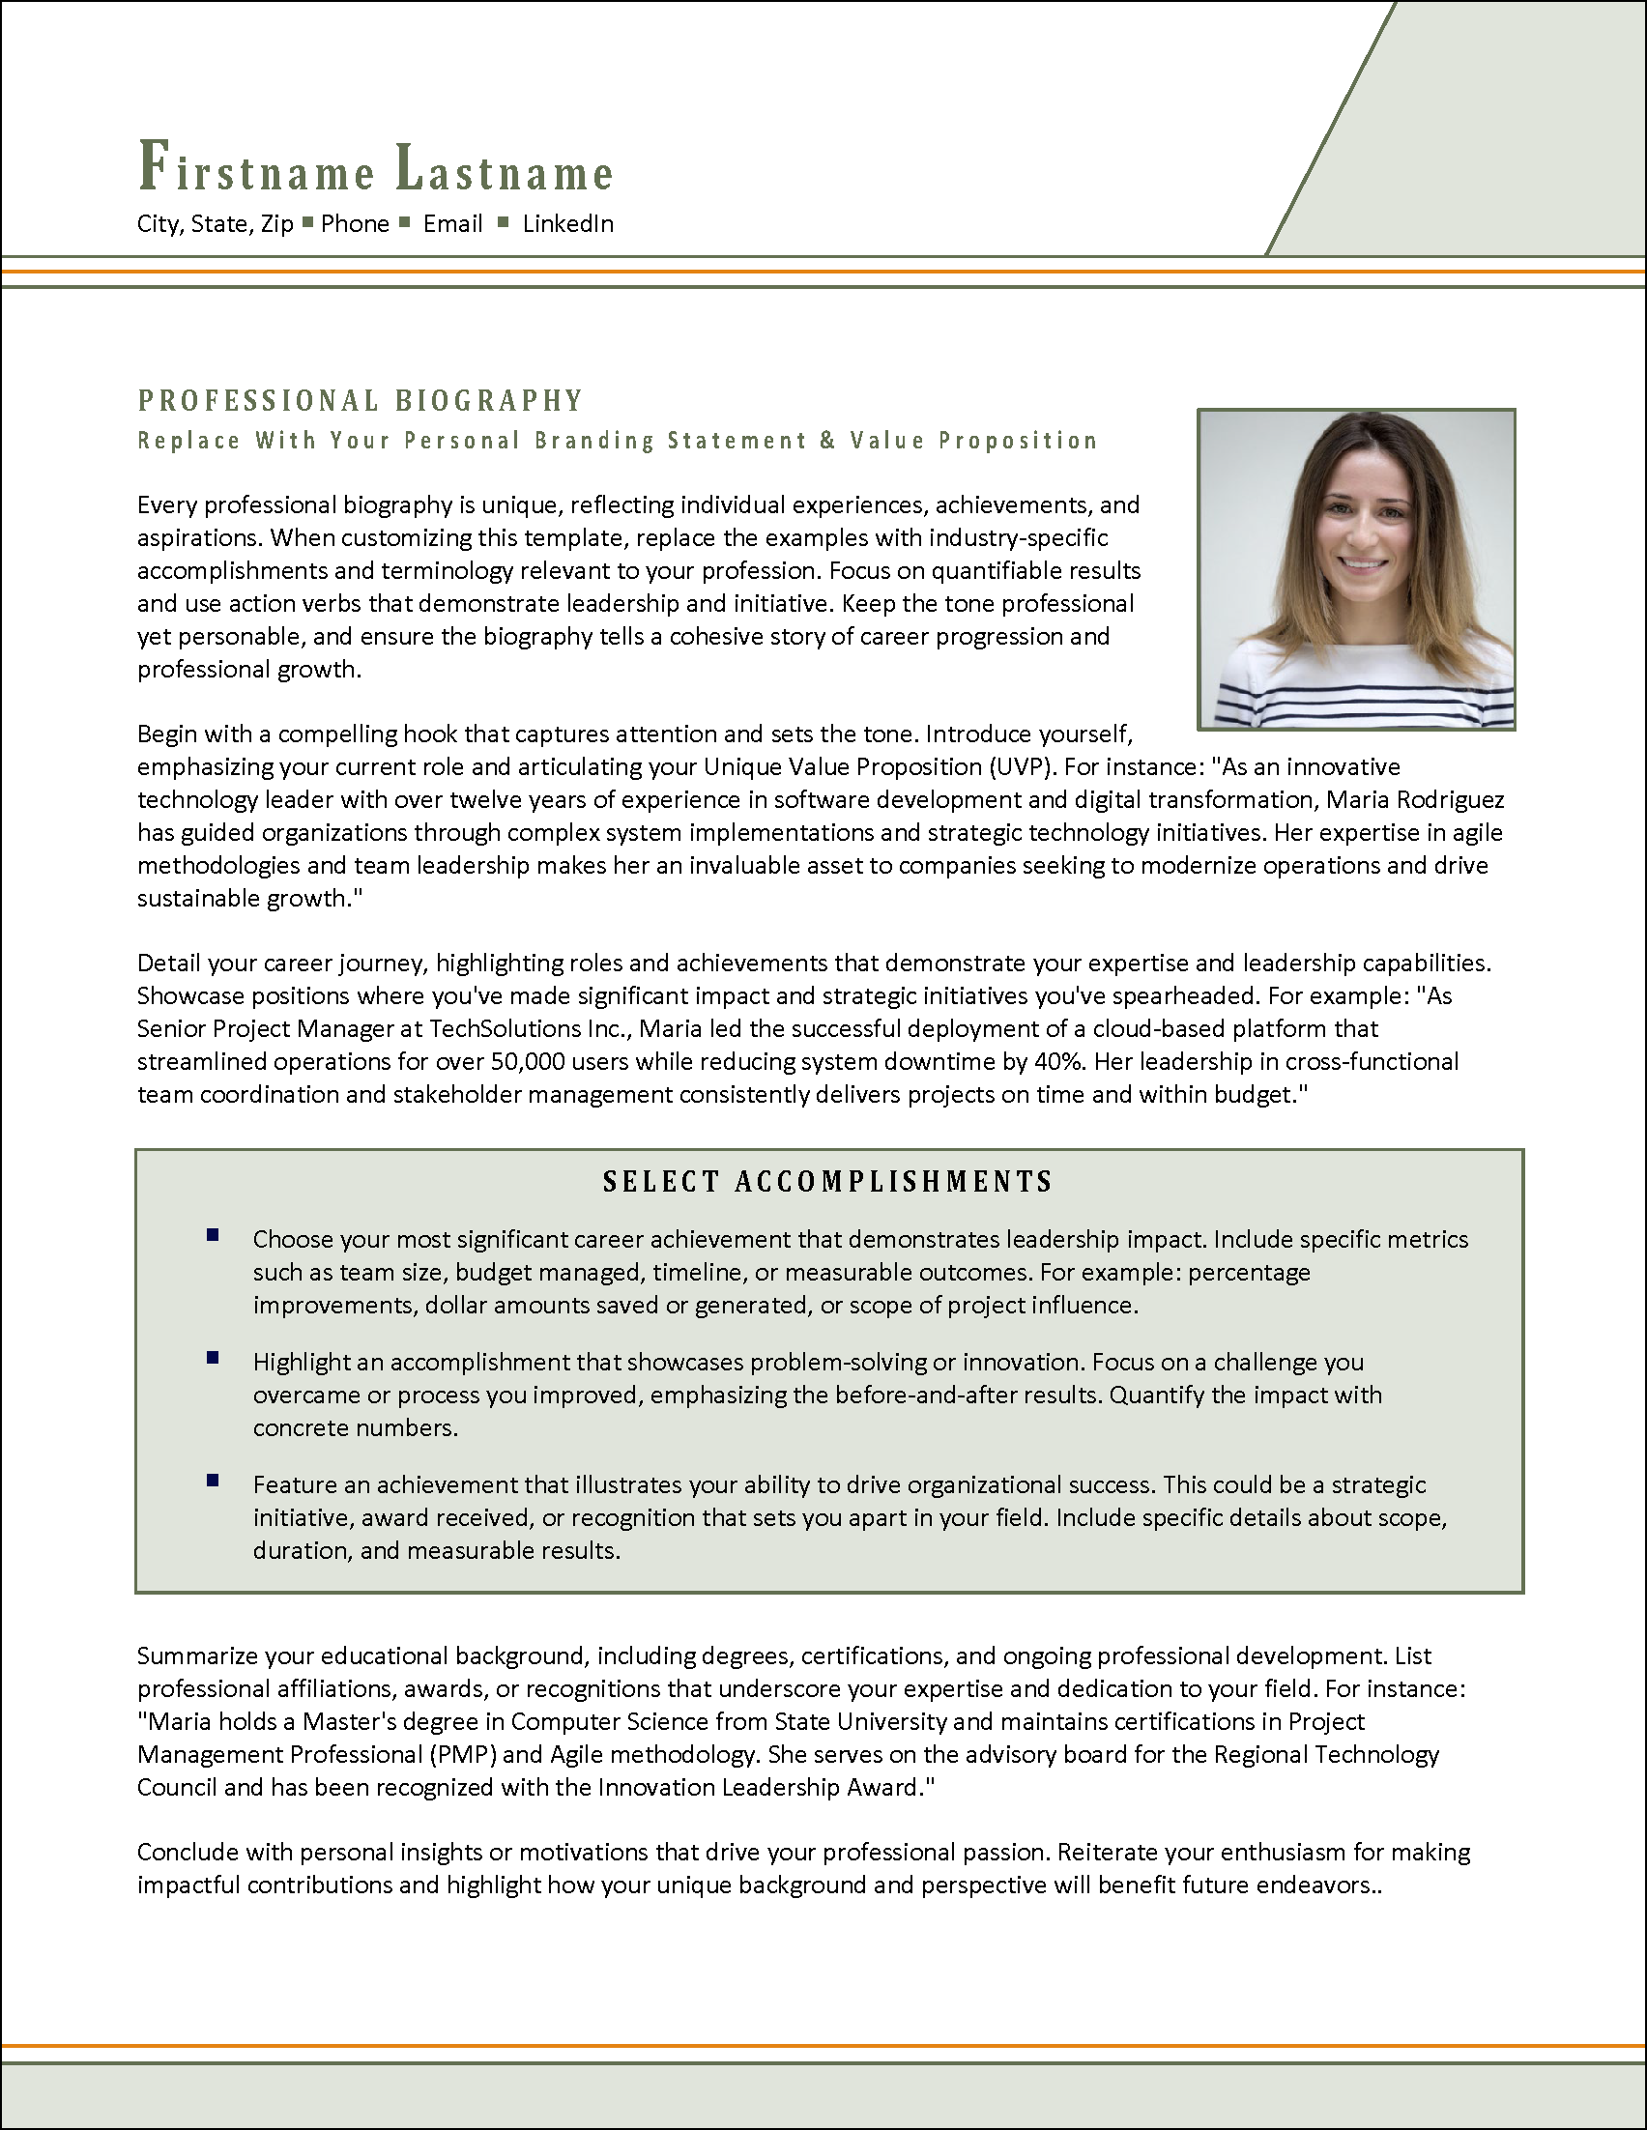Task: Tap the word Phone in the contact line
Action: [x=355, y=224]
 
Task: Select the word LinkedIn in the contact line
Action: [x=567, y=224]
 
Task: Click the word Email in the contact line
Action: [x=452, y=224]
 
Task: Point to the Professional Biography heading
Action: [x=360, y=401]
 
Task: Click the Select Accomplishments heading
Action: [x=828, y=1182]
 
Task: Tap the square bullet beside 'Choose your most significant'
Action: [x=213, y=1236]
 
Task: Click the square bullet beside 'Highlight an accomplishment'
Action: [x=213, y=1359]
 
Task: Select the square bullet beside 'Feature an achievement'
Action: [x=213, y=1482]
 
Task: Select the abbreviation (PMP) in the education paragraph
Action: [x=462, y=1754]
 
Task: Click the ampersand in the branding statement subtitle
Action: [x=828, y=441]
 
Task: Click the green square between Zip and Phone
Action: [x=307, y=222]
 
